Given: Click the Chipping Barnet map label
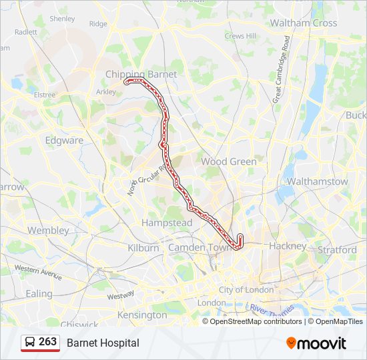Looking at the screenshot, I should click(x=141, y=74).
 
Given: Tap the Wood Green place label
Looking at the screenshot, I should click(x=229, y=161).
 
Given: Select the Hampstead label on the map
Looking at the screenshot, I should click(x=167, y=223).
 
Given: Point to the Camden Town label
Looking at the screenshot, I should click(x=199, y=247).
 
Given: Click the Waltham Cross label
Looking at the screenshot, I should click(x=303, y=23).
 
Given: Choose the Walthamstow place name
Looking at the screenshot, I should click(x=317, y=181).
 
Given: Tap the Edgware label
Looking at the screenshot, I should click(x=64, y=140).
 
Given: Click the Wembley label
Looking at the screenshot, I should click(x=48, y=230).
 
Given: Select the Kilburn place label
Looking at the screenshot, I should click(x=143, y=247).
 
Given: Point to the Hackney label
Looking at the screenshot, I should click(x=287, y=245).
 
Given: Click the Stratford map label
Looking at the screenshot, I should click(x=337, y=249).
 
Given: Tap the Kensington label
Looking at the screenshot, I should click(x=142, y=315).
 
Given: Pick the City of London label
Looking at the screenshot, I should click(x=246, y=290).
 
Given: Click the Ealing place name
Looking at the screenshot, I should click(x=39, y=293).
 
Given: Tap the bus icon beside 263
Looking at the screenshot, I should click(x=30, y=342).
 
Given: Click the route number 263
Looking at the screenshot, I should click(x=47, y=342).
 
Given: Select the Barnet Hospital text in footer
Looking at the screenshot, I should click(x=103, y=343).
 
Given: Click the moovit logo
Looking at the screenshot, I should click(x=316, y=343).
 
